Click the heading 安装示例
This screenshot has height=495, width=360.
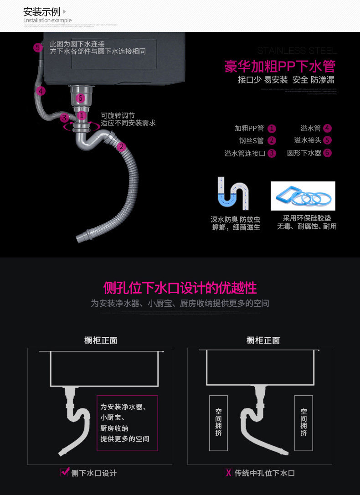(41, 11)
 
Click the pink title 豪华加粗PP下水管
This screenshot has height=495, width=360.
(280, 67)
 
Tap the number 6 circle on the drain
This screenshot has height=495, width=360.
(80, 98)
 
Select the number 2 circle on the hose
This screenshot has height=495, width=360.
(121, 147)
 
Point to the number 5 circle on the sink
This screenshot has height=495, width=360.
(37, 47)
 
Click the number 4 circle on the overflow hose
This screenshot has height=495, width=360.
(41, 91)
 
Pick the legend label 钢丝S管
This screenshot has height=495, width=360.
(252, 141)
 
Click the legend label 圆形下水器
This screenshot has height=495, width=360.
(304, 153)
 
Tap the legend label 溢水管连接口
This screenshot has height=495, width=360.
(245, 154)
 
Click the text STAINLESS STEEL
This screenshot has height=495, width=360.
(297, 51)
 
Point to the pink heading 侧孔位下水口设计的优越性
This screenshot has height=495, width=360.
(180, 288)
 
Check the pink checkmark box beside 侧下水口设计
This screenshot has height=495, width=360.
(65, 472)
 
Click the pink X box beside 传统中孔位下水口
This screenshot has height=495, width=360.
(228, 473)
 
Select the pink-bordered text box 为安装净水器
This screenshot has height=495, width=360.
(127, 423)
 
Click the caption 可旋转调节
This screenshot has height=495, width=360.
(118, 115)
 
